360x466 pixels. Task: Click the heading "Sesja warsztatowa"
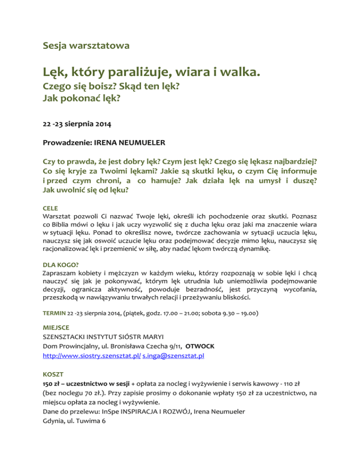pos(86,46)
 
